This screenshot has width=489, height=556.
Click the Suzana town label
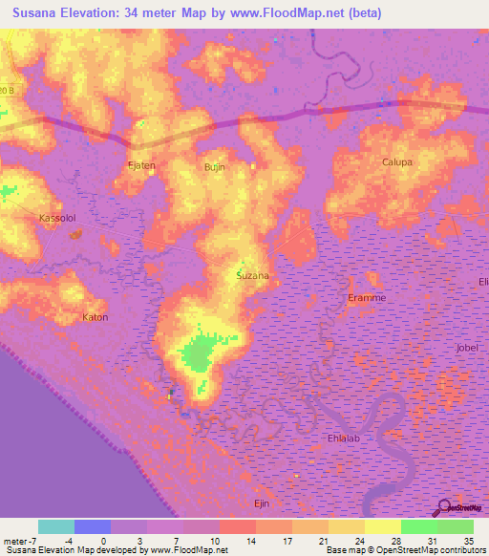252,275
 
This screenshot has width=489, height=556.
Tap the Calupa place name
396,162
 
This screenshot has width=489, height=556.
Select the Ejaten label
141,165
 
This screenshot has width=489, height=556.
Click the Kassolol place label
55,218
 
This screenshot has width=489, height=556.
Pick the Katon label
96,317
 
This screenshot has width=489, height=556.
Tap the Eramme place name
367,298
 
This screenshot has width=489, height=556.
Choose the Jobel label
468,348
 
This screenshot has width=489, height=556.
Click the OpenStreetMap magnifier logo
443,506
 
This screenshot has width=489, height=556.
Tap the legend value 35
466,541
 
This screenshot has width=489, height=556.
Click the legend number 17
286,541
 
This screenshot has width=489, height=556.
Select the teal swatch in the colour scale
56,526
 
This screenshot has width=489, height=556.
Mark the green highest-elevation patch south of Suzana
199,354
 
